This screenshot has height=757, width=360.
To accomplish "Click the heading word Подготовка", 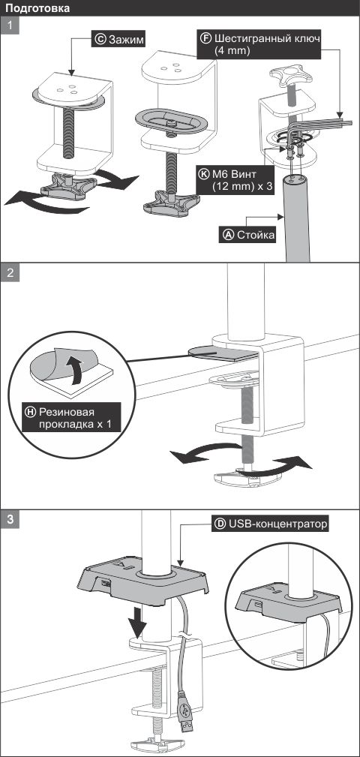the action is pyautogui.click(x=37, y=8).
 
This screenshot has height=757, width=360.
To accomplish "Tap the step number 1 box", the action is pyautogui.click(x=10, y=25).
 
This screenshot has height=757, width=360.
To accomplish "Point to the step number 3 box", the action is pyautogui.click(x=10, y=519).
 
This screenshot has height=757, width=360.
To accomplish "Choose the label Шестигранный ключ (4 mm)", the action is pyautogui.click(x=259, y=44).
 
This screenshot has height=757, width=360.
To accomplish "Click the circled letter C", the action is pyautogui.click(x=100, y=40).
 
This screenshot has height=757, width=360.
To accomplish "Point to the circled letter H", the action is pyautogui.click(x=31, y=412).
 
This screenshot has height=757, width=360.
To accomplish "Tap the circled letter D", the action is pyautogui.click(x=220, y=524).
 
